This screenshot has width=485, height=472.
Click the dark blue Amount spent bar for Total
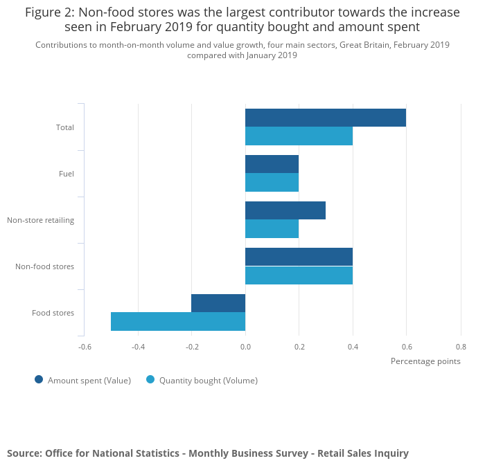point(326,118)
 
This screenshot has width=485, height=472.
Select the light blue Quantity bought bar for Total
point(299,136)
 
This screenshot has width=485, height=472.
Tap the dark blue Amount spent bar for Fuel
point(272,164)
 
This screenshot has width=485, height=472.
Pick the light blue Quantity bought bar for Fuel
point(272,183)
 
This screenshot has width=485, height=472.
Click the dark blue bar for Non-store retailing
point(285,210)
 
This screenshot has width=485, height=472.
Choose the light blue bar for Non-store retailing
point(272,229)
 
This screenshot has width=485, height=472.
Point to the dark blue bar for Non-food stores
point(299,257)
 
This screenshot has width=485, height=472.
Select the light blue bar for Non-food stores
point(299,275)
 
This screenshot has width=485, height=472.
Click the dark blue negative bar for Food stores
point(218,303)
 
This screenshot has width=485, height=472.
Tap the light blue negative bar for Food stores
point(178,322)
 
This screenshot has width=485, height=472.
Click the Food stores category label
point(53,313)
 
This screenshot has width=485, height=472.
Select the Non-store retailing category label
point(40,220)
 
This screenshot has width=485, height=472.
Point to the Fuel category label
point(67,174)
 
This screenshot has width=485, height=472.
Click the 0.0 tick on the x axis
point(245,346)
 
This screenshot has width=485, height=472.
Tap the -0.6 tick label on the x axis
point(84,346)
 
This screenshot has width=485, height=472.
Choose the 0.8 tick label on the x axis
point(460,346)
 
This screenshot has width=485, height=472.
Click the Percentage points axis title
point(425,361)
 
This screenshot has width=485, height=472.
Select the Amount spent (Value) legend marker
point(39,379)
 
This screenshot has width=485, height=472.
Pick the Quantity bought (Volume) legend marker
point(150,379)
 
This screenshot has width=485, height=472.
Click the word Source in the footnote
point(24,453)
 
